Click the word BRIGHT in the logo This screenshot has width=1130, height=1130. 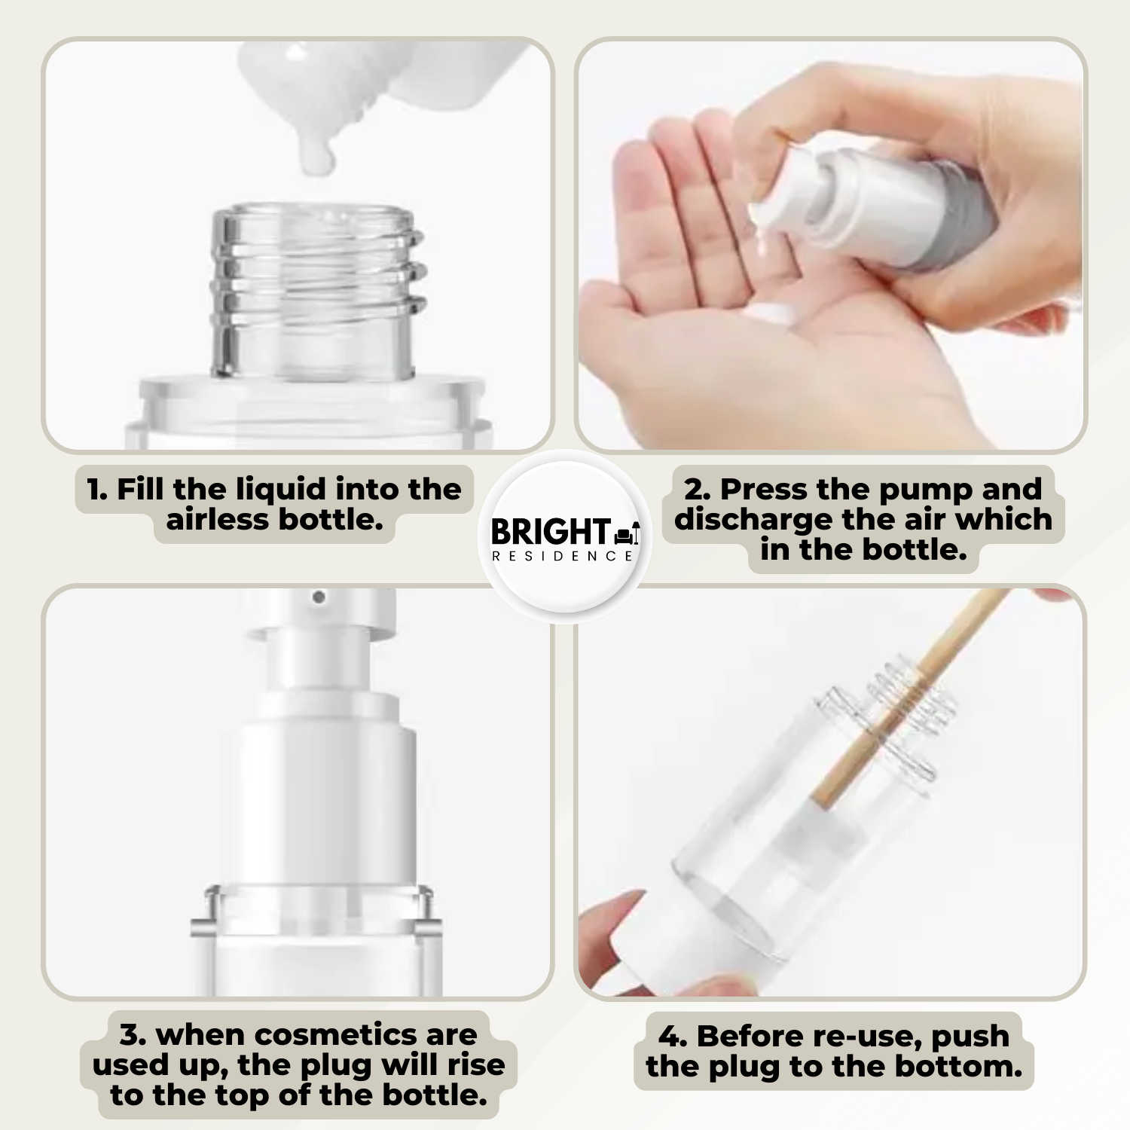[x=551, y=531]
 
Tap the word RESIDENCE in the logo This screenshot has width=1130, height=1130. [x=563, y=556]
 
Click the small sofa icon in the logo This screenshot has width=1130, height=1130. [x=623, y=536]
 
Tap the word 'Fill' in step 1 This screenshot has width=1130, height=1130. [x=140, y=490]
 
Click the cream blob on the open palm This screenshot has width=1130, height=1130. [x=768, y=313]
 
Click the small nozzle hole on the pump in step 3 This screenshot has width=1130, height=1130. [x=319, y=597]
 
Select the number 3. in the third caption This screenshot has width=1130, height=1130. [x=133, y=1035]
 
